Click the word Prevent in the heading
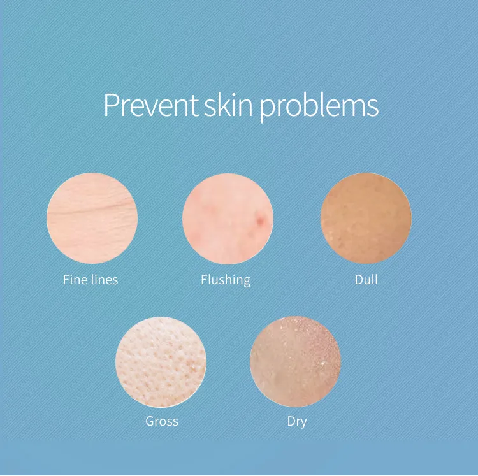[x=150, y=105]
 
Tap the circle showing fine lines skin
[x=92, y=218]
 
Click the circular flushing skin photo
[x=228, y=218]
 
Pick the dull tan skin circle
[x=366, y=218]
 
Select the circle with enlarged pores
[x=161, y=361]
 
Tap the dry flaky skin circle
[x=295, y=361]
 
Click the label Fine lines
[x=91, y=280]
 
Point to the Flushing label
[x=225, y=280]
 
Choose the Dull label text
[x=366, y=280]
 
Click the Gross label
[x=161, y=421]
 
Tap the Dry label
[x=297, y=421]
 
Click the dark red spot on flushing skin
[x=260, y=220]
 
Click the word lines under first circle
[x=104, y=280]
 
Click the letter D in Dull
[x=358, y=280]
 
